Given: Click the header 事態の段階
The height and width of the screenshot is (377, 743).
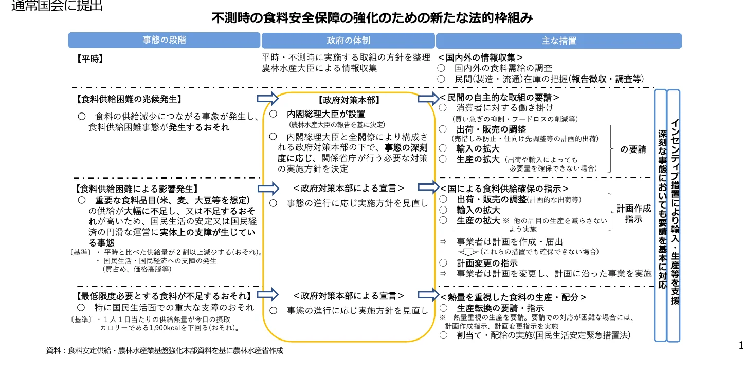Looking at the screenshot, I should [x=164, y=40].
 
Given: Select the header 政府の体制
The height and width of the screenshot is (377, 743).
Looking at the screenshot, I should [x=348, y=41].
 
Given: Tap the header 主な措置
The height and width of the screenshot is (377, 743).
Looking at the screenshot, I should [x=558, y=41].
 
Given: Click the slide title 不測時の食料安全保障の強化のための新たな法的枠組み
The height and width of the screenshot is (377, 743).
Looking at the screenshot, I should [x=372, y=18].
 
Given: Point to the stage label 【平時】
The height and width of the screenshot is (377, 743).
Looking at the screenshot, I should [x=90, y=59].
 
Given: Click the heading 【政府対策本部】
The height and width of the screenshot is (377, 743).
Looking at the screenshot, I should [x=348, y=101].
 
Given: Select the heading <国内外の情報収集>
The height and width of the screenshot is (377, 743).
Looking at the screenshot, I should [x=480, y=58].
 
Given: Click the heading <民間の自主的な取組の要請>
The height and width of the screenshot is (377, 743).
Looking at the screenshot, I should [x=499, y=97].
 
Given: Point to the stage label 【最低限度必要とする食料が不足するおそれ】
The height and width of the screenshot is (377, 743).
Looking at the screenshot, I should [x=164, y=296].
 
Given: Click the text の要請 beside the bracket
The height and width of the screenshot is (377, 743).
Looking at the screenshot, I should [x=633, y=150].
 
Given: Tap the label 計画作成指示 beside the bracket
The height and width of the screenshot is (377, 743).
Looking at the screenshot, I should [x=633, y=214].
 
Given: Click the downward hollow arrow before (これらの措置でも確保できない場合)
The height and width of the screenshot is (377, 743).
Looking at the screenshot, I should [x=467, y=252].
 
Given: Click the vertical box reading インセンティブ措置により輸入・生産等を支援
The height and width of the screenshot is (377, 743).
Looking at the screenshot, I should [x=674, y=216].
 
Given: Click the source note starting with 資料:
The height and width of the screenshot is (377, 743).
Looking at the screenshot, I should [x=165, y=351].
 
